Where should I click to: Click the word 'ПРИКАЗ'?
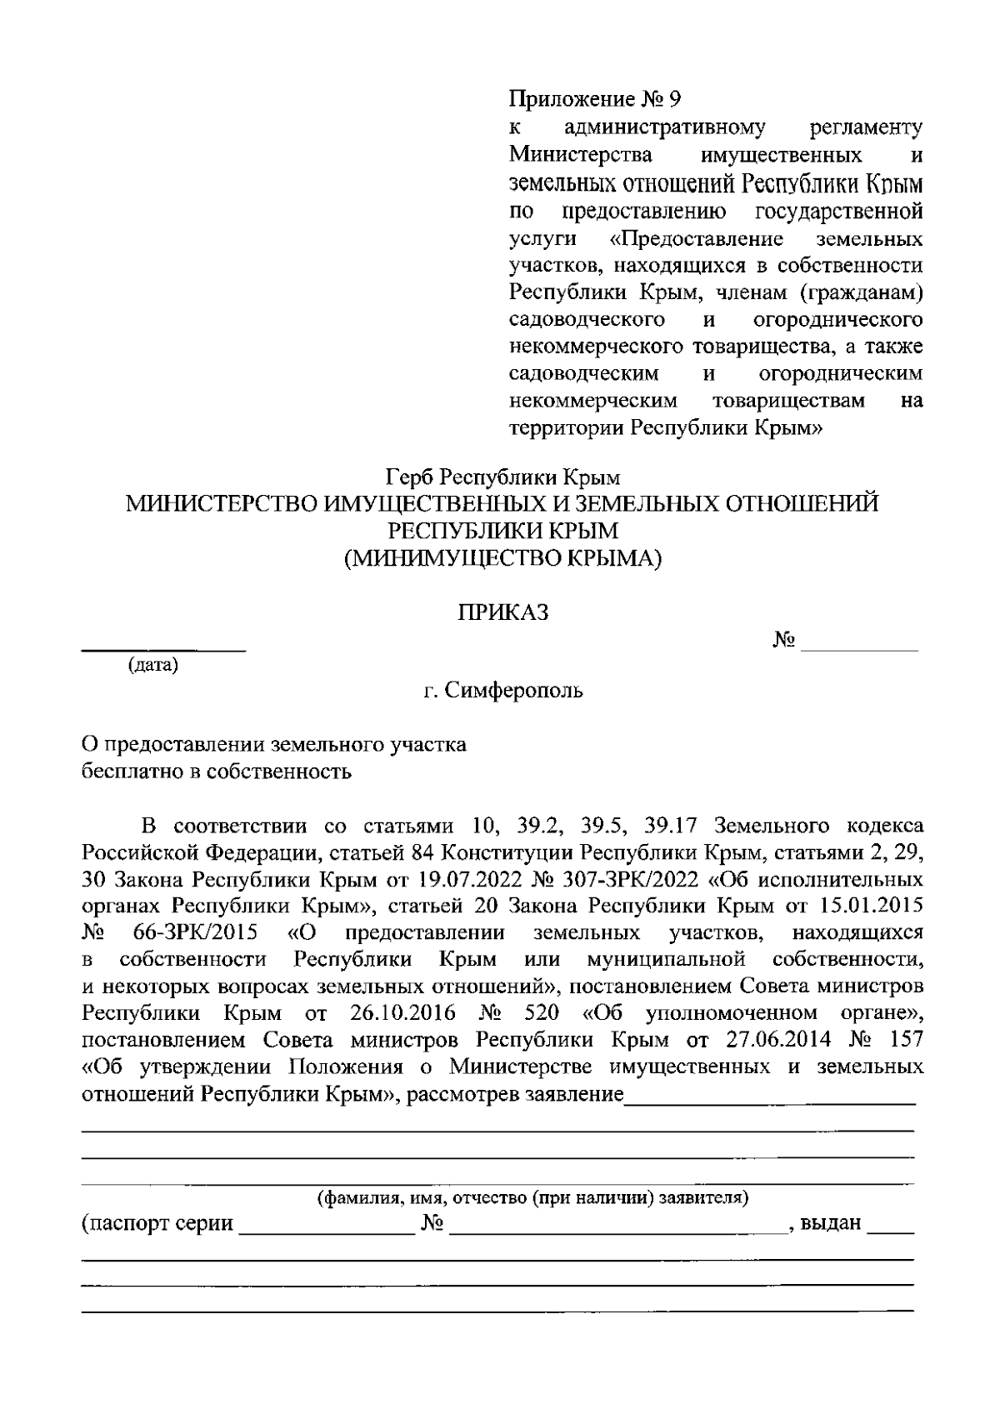click(503, 613)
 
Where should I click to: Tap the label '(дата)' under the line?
click(152, 666)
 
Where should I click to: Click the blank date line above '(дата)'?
click(163, 648)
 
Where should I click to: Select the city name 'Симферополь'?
click(514, 691)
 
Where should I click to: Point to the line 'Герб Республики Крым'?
click(503, 478)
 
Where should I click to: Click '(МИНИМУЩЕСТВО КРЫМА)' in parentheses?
click(503, 558)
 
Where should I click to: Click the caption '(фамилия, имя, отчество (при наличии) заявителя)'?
click(531, 1198)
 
